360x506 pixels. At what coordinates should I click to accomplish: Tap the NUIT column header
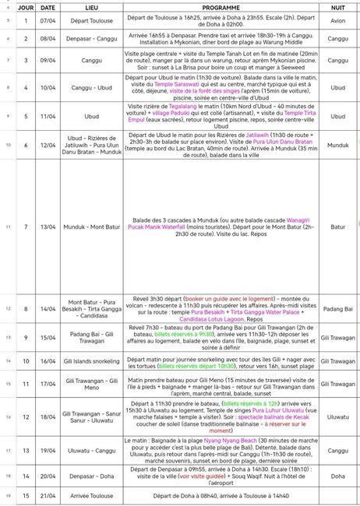[337, 5]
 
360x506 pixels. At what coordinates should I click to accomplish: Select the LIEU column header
[97, 5]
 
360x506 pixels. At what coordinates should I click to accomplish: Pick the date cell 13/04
[48, 227]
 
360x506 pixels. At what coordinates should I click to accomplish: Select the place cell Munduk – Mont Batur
[97, 227]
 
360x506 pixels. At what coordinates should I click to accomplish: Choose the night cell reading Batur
[337, 227]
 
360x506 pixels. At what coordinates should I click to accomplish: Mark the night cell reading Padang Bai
[337, 309]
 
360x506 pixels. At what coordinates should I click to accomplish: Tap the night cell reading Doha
[337, 474]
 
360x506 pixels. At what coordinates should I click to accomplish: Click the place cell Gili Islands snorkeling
[97, 361]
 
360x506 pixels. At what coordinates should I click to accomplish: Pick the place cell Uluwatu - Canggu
[97, 452]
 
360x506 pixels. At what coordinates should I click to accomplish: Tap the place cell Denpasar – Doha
[97, 474]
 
